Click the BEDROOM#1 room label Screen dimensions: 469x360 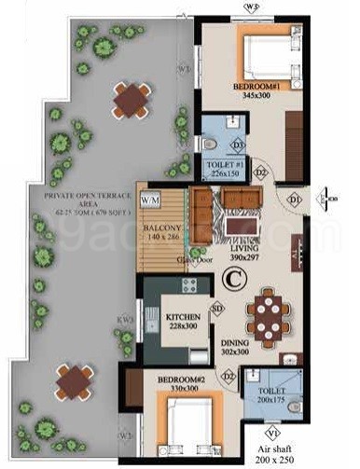pyautogui.click(x=253, y=86)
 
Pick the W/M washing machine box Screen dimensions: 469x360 pyautogui.click(x=149, y=200)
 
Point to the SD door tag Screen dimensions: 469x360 pyautogui.click(x=218, y=309)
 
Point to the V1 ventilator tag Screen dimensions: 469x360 pyautogui.click(x=272, y=433)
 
